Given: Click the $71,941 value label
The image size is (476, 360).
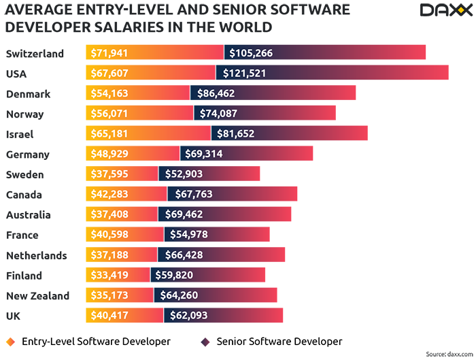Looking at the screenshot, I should point(109,53).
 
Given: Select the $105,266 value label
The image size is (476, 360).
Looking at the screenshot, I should point(251,53).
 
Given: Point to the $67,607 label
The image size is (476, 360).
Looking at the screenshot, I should point(109,73).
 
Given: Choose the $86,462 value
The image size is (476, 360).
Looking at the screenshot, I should point(216,93).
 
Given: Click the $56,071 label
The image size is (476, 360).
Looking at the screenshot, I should point(109,114).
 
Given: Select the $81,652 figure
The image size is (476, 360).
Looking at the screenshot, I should point(235,134).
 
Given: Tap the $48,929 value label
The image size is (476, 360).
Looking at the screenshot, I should point(109,154).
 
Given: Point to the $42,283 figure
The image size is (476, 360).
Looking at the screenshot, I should point(109,195).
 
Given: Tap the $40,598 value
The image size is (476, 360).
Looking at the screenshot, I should point(109,235).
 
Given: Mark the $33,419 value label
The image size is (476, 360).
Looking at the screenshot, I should point(109,275).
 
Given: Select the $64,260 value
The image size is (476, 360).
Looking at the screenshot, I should point(178,295).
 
